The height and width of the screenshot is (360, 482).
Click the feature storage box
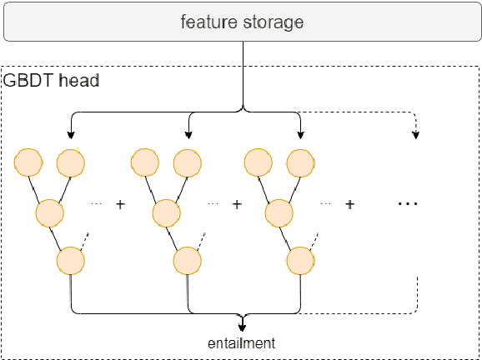click(x=241, y=22)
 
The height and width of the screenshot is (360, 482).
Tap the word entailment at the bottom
click(x=242, y=342)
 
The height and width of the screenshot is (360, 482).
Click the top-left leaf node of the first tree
click(x=29, y=162)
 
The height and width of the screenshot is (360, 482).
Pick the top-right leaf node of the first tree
click(x=69, y=162)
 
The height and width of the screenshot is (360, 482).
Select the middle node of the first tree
click(x=49, y=212)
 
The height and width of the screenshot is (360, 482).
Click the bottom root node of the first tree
click(x=70, y=262)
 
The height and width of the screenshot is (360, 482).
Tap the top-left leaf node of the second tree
click(x=145, y=162)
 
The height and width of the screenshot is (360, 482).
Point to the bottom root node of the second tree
click(x=186, y=262)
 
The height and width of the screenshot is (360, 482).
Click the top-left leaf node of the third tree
click(x=259, y=162)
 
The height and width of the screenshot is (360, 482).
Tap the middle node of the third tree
click(x=279, y=212)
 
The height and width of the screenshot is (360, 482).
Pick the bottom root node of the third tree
click(x=300, y=262)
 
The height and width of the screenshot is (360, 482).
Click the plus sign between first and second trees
click(x=120, y=204)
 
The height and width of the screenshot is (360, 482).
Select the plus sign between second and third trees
click(x=237, y=204)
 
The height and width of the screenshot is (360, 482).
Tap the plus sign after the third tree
click(x=350, y=204)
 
